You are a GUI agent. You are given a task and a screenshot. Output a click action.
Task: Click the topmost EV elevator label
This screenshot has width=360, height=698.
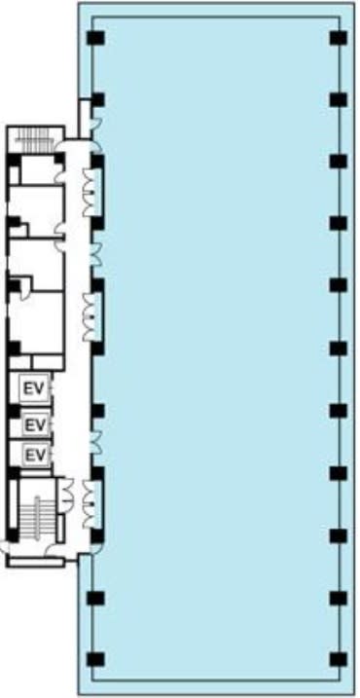[34, 389]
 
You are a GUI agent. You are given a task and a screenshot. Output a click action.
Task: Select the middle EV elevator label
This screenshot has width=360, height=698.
[35, 425]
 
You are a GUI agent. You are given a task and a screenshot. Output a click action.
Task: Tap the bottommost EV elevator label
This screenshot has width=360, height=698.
[35, 455]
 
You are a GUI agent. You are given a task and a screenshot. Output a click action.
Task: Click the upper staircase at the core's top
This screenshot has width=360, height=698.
[34, 140]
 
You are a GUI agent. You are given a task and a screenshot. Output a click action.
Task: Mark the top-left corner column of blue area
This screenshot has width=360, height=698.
[95, 38]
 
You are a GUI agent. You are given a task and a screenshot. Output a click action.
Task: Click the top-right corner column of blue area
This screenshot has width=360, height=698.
[339, 38]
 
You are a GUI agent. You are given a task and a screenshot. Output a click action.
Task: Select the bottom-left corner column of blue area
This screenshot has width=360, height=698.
[95, 659]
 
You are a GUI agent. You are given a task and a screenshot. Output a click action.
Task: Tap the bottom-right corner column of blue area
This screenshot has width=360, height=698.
[339, 659]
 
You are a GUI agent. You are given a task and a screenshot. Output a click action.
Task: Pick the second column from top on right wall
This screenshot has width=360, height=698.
[339, 99]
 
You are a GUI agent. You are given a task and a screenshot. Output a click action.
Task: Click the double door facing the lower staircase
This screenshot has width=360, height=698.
[66, 495]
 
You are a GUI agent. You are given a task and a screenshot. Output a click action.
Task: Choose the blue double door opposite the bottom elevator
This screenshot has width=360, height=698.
[95, 442]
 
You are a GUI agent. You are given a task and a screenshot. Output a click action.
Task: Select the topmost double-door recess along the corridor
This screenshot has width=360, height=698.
[92, 192]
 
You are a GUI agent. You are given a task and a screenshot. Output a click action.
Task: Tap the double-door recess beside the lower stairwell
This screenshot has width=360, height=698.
[92, 504]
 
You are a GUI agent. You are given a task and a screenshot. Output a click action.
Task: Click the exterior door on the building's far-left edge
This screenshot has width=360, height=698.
[4, 547]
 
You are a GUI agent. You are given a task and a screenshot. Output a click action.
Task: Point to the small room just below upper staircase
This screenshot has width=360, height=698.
[37, 169]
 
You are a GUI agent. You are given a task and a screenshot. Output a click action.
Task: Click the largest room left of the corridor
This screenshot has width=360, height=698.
[37, 322]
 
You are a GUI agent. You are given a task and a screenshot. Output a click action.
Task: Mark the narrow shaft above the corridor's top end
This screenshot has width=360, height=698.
[84, 118]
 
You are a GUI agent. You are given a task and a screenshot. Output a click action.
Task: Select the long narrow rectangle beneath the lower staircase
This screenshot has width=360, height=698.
[37, 562]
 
